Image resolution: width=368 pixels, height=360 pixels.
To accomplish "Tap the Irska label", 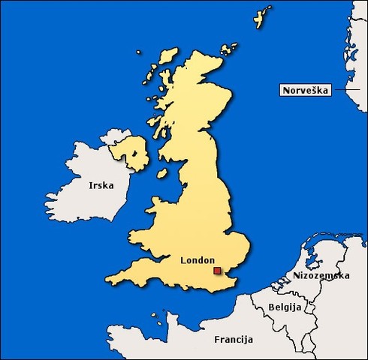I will tap(101, 185).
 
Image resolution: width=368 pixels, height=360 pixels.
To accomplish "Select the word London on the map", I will tap(198, 260).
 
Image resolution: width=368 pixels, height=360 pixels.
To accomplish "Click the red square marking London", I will tap(217, 271).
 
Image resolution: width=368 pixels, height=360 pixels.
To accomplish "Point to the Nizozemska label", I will tap(321, 276).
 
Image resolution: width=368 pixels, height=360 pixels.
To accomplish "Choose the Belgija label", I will tap(285, 307).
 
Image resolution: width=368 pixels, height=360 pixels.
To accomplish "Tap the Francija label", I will tap(234, 339).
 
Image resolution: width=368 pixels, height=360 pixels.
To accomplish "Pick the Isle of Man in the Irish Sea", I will tap(162, 174).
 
